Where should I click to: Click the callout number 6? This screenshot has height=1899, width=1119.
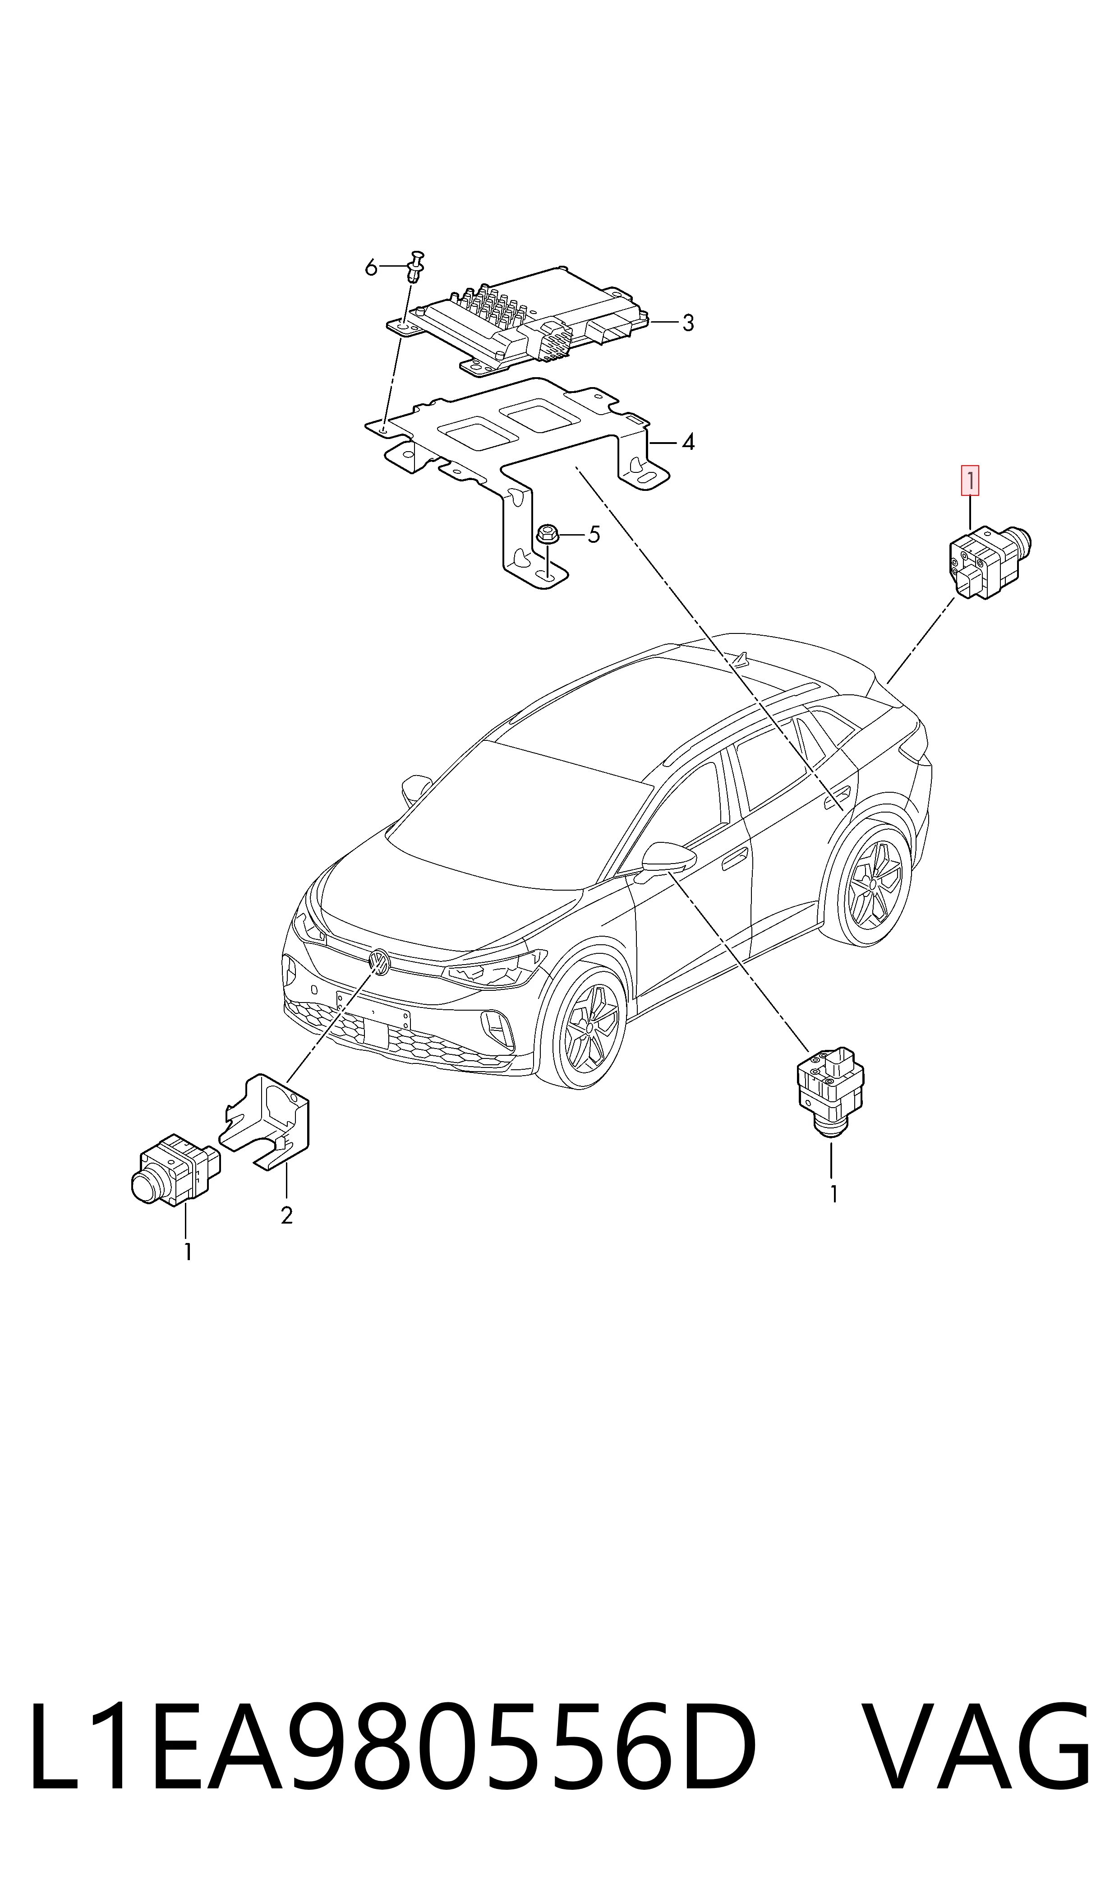pyautogui.click(x=370, y=267)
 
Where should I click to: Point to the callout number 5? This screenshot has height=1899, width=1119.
pyautogui.click(x=594, y=536)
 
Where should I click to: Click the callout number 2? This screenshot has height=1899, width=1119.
pyautogui.click(x=286, y=1216)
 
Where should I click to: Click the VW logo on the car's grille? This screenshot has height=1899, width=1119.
pyautogui.click(x=378, y=962)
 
